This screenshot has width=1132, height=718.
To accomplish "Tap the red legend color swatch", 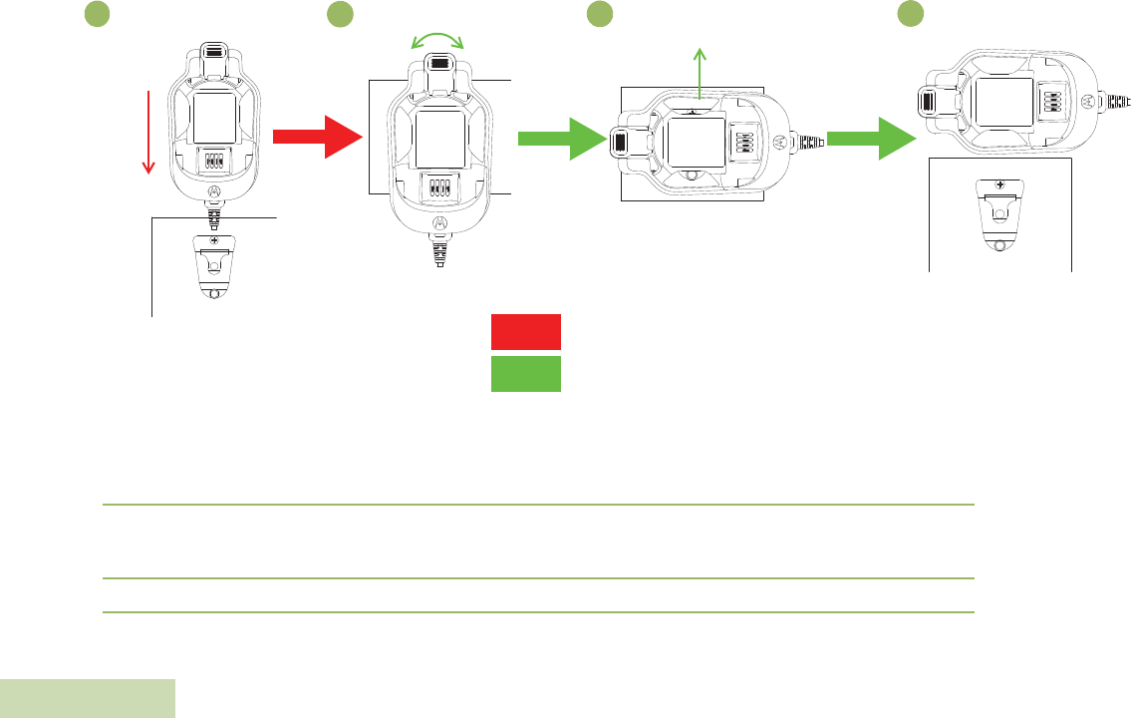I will pos(525,332).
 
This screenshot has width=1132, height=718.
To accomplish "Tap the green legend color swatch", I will pos(525,373).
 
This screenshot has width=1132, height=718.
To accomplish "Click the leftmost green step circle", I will pos(96,14).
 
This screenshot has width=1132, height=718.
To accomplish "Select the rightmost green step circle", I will pos(909,14).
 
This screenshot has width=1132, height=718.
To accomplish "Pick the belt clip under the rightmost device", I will pos(997,217).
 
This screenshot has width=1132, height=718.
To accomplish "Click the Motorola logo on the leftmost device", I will pos(214,189).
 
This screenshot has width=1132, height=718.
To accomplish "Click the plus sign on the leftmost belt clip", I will pos(214,240).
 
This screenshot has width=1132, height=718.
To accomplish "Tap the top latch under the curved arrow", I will pos(437,64).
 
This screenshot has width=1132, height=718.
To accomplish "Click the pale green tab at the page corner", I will pos(87,698).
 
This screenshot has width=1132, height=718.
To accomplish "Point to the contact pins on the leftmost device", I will pos(214,161).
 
